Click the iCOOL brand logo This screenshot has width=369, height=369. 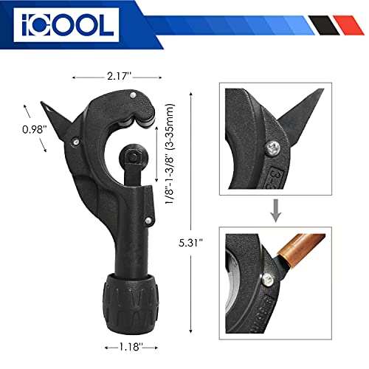point(63,25)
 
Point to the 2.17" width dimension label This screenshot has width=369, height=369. point(101,76)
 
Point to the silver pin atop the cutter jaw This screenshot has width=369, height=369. point(130,96)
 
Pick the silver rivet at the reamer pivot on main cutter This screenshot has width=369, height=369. point(74,138)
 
